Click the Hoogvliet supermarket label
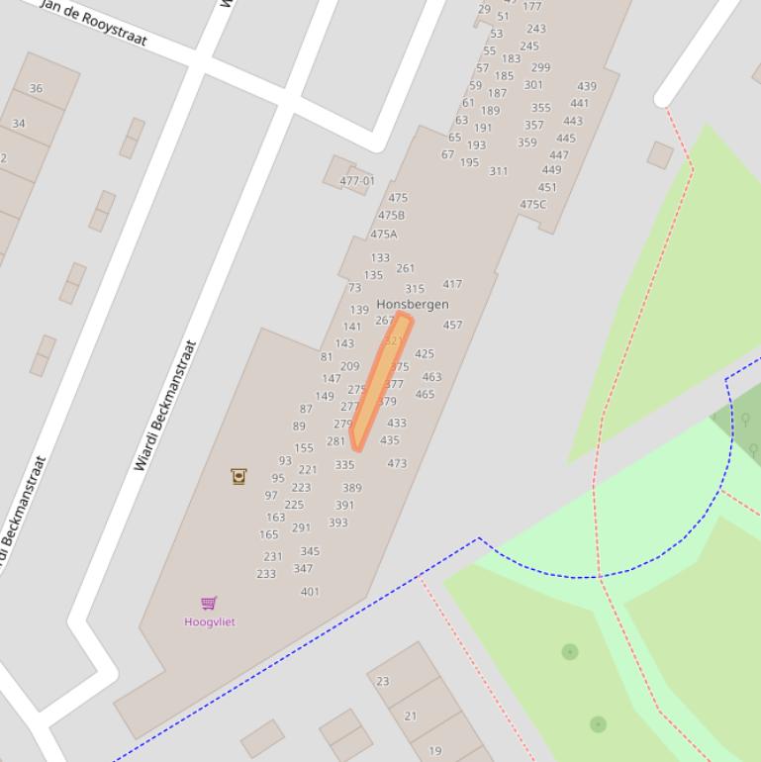[x=210, y=621]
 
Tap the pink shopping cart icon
[x=209, y=603]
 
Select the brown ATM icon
[x=238, y=476]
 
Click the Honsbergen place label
[x=412, y=304]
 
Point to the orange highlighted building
[x=380, y=381]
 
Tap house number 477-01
[x=357, y=181]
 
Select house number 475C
[x=532, y=205]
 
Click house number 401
[x=310, y=592]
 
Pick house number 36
[x=36, y=88]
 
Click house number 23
[x=383, y=681]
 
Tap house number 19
[x=434, y=750]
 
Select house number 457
[x=452, y=325]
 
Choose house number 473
[x=397, y=463]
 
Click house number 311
[x=498, y=171]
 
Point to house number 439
[x=587, y=86]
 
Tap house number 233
[x=266, y=574]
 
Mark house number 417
[x=452, y=284]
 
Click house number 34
[x=18, y=124]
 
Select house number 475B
[x=391, y=215]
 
